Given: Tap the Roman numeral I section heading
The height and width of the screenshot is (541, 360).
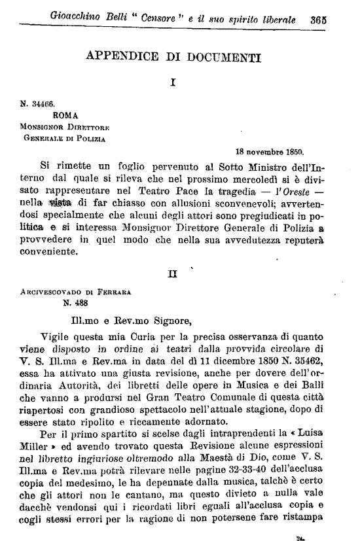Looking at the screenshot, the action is (x=171, y=83).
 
